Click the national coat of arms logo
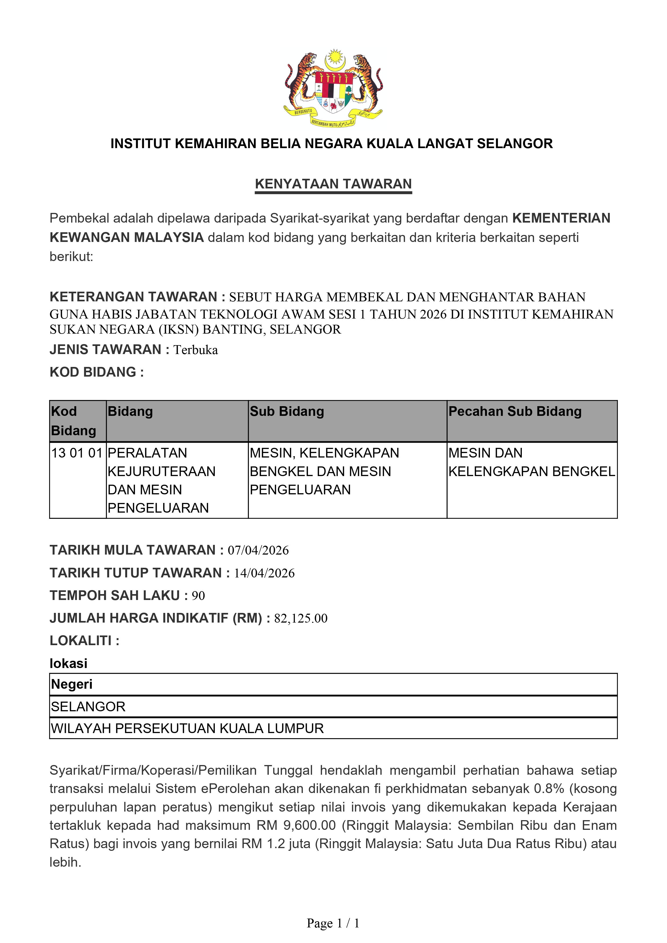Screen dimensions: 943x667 click(333, 87)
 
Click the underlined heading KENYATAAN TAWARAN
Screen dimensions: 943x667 click(333, 184)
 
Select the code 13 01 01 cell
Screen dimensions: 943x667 click(77, 453)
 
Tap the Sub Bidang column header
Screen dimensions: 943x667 click(287, 412)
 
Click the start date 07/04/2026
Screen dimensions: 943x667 click(258, 550)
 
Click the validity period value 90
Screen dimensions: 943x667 click(198, 596)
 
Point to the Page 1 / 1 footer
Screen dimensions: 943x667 click(333, 923)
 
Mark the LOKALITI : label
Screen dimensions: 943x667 click(84, 641)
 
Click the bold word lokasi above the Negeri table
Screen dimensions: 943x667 click(68, 664)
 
